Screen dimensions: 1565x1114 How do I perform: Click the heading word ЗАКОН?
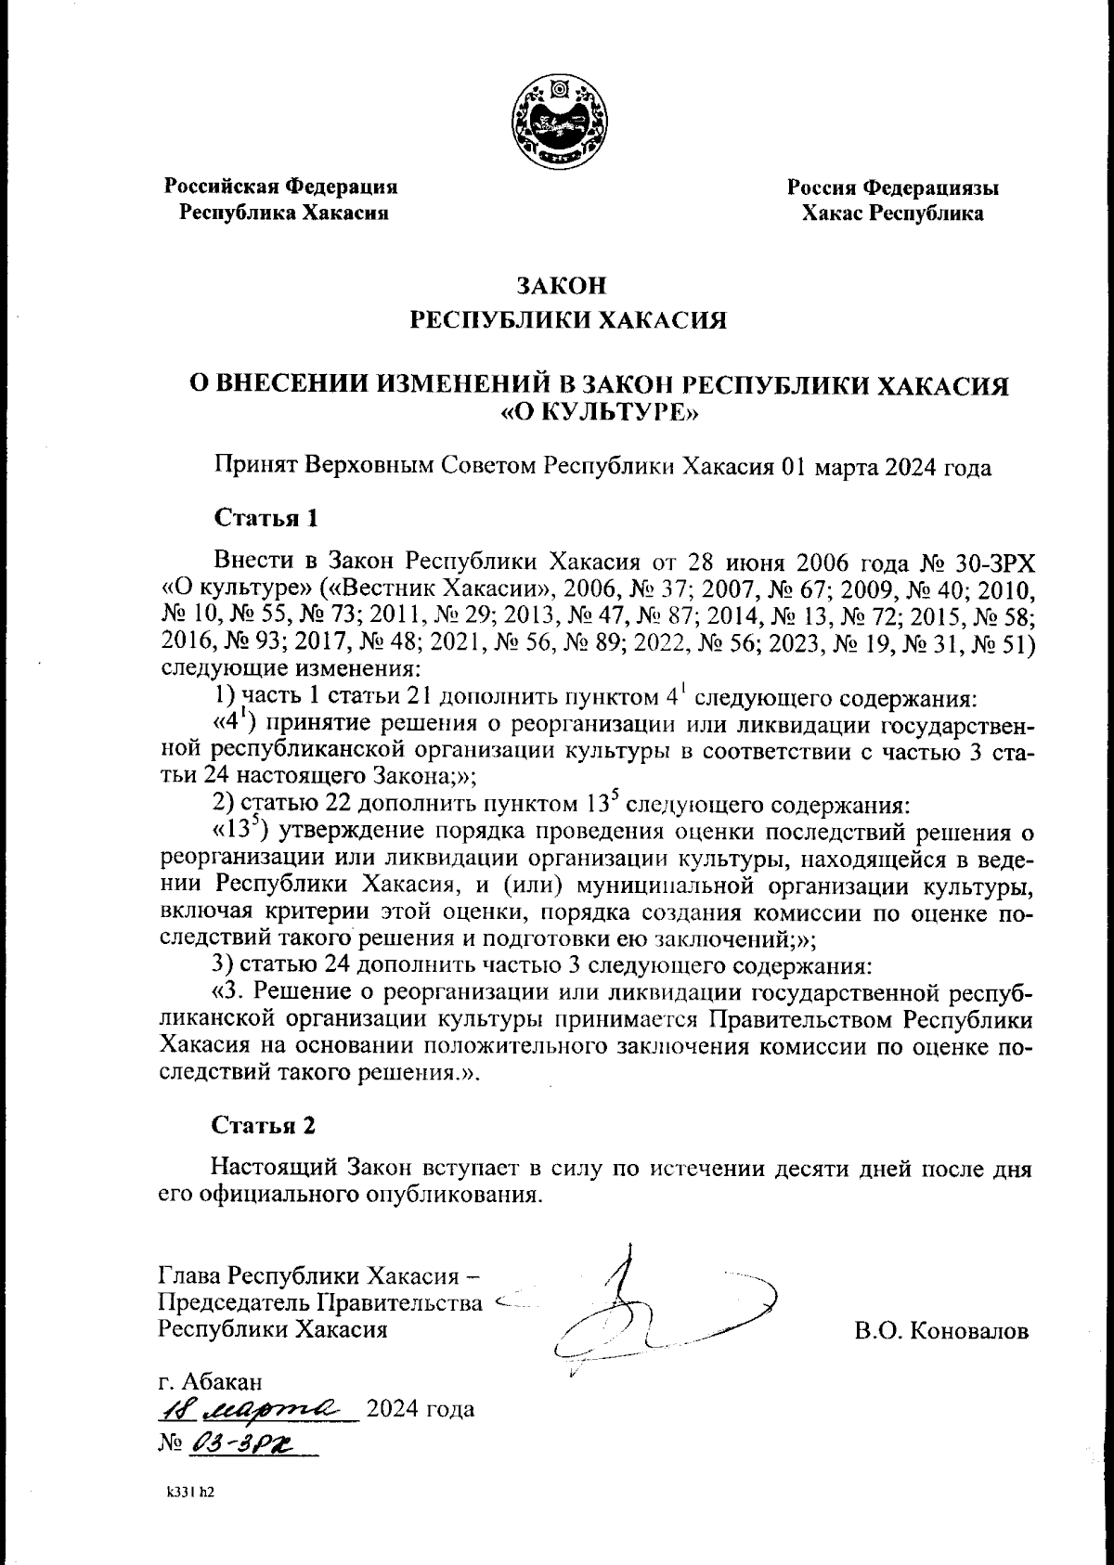(556, 283)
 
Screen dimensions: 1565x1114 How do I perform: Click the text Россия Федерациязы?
(893, 188)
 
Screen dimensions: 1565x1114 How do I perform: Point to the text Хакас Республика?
(893, 214)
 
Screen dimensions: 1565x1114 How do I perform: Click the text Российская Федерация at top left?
(281, 187)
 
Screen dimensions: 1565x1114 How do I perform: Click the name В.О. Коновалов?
(941, 1331)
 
